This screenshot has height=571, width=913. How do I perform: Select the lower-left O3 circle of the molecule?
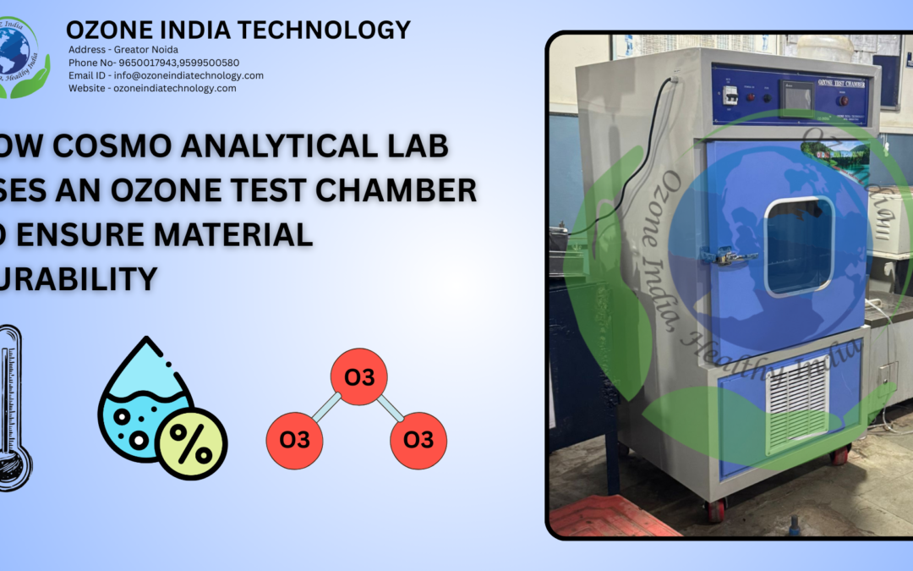pos(294,440)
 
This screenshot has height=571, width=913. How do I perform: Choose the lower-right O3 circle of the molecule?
pos(418,440)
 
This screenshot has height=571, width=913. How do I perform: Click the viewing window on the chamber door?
pos(799,246)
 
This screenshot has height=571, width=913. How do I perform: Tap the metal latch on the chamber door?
pos(730,255)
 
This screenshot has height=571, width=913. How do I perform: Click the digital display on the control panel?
pos(797,98)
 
